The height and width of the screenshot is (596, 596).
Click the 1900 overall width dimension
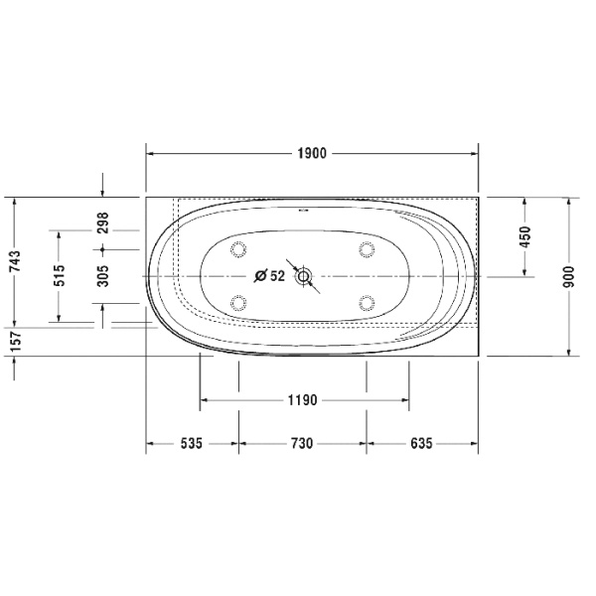coord(312,153)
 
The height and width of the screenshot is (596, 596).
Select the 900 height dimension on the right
coord(568,275)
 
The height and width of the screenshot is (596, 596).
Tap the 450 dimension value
coord(525,237)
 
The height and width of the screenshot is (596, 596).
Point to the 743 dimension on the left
coord(15,260)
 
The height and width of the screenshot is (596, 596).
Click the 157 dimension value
coord(15,340)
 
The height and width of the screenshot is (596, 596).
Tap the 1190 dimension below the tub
coord(302,401)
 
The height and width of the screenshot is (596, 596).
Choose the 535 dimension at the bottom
coord(192,444)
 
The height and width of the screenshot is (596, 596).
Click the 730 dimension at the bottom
coord(302,444)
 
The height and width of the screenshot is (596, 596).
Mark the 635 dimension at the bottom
coord(421,444)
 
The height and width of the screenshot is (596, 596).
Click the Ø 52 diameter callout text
coord(269,277)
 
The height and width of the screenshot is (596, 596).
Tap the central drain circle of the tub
coord(304,276)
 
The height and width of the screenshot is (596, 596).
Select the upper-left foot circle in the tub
coord(237,248)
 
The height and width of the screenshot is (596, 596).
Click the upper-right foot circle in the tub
coord(367,248)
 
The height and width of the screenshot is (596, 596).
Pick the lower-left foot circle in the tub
coord(237,303)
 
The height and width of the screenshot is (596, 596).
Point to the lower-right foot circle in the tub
coord(367,303)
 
